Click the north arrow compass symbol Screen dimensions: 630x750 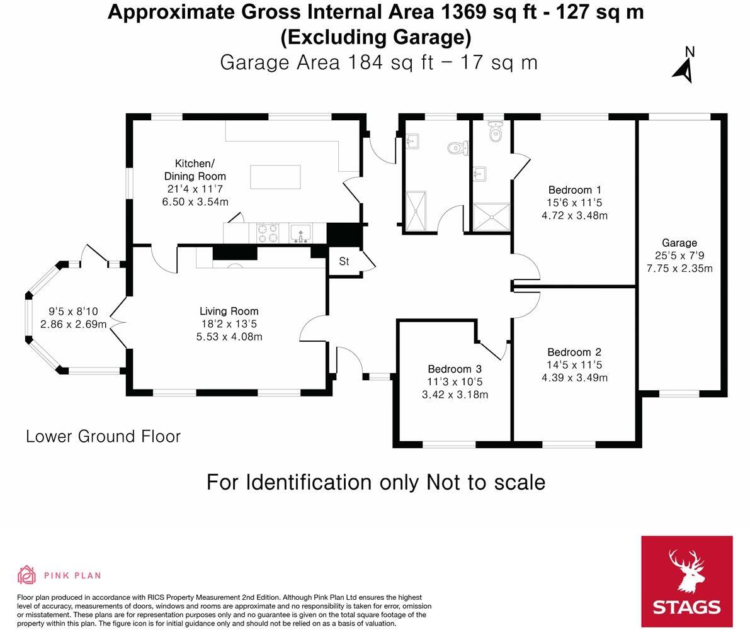tap(684, 65)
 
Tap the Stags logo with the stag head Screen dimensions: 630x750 tap(686, 581)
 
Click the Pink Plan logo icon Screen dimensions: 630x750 tap(26, 575)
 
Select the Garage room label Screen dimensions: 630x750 tap(679, 243)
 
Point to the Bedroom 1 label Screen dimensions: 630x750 tap(574, 190)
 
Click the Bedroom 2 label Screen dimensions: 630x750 tap(574, 352)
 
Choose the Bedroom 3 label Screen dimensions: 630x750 tap(455, 369)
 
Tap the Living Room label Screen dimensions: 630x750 tap(229, 312)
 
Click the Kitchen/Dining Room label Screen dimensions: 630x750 tap(195, 170)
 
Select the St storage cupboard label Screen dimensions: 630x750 tap(344, 261)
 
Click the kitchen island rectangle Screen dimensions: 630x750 tap(275, 177)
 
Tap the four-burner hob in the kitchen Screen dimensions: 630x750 tap(268, 233)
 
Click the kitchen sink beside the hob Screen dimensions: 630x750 tap(300, 233)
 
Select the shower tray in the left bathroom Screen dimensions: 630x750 tap(416, 211)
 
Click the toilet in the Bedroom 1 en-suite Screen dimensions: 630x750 tap(496, 133)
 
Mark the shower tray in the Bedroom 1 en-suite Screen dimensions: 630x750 tap(490, 217)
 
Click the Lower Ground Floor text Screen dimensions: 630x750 tap(103, 437)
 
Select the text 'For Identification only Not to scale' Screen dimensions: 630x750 tap(375, 483)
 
